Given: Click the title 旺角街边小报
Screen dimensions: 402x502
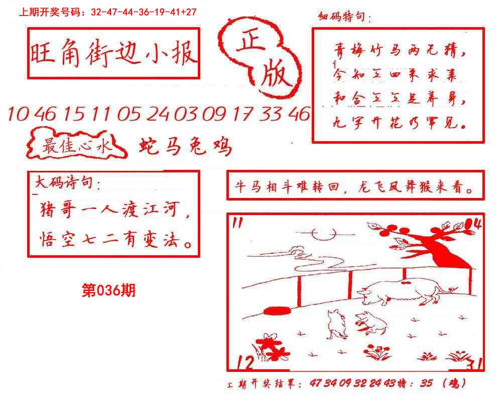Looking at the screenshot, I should pyautogui.click(x=113, y=54).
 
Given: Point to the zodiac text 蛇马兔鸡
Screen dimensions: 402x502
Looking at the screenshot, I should pyautogui.click(x=185, y=146).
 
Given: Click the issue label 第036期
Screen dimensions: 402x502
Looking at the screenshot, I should pyautogui.click(x=108, y=290).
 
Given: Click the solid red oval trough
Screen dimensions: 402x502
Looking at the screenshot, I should pyautogui.click(x=276, y=311).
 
